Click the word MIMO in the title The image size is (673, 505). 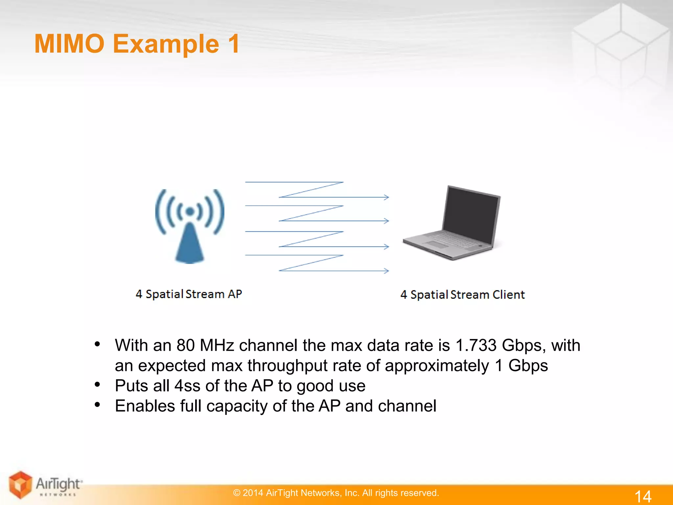69,44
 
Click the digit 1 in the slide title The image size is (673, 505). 234,44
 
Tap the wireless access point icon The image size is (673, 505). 190,227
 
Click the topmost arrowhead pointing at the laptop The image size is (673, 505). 386,197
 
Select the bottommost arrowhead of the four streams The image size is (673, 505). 386,271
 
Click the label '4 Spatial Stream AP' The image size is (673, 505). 189,294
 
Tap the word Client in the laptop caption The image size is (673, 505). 508,295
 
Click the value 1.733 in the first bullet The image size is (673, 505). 476,346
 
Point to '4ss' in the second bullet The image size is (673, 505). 187,386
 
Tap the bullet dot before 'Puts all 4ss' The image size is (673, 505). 97,384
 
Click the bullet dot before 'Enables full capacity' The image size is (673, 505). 97,405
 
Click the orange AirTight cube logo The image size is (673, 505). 20,484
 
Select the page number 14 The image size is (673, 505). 642,496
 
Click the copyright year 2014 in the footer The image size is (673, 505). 253,493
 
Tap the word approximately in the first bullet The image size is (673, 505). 437,366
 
